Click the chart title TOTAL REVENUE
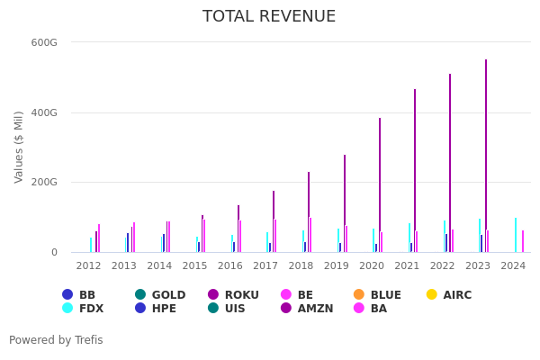click(x=269, y=16)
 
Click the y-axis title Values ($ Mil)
click(x=19, y=147)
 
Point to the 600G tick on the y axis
click(x=44, y=42)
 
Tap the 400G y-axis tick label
click(x=44, y=112)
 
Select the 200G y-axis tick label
click(x=44, y=182)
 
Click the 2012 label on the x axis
click(x=88, y=266)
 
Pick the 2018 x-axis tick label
click(x=301, y=266)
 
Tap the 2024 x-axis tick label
click(x=513, y=266)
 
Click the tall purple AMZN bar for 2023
click(x=486, y=153)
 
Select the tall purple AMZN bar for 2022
click(x=450, y=162)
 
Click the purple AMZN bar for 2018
click(x=309, y=211)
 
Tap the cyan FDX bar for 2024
click(x=516, y=234)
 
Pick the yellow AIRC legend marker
click(x=431, y=295)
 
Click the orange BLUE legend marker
click(x=358, y=295)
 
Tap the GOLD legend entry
click(x=161, y=295)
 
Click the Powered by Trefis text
click(x=56, y=340)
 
